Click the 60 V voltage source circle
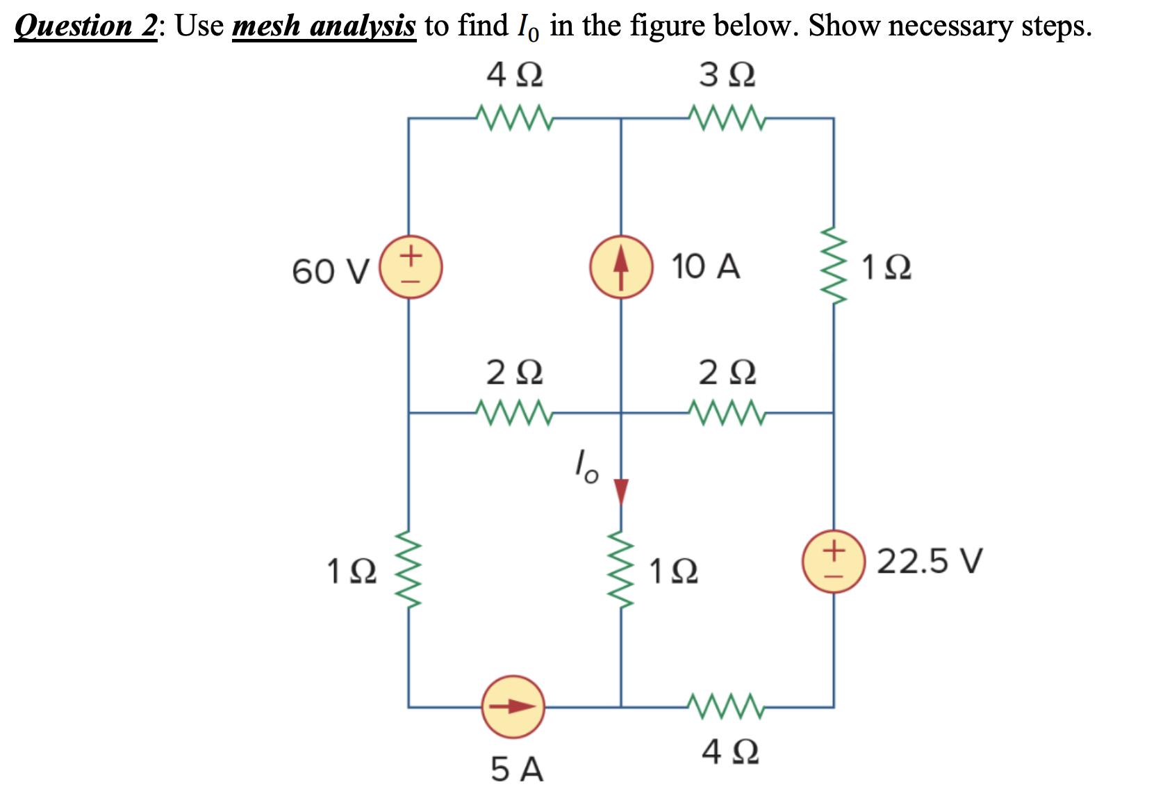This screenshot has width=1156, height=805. [x=411, y=268]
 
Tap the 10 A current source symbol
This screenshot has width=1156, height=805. [x=621, y=268]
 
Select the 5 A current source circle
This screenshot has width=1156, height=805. [x=513, y=706]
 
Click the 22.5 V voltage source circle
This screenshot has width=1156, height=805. [x=833, y=562]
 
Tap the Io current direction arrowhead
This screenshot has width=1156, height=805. [x=621, y=491]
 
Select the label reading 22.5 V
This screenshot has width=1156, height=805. [x=930, y=561]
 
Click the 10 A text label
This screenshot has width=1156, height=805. [x=705, y=266]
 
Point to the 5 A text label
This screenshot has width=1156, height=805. [x=517, y=770]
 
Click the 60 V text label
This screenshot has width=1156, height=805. [x=331, y=271]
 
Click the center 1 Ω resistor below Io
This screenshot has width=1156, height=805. [x=621, y=570]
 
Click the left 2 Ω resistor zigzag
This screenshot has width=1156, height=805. [x=514, y=412]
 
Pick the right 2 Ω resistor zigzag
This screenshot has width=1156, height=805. [x=727, y=412]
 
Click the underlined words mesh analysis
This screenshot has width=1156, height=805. [x=324, y=26]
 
